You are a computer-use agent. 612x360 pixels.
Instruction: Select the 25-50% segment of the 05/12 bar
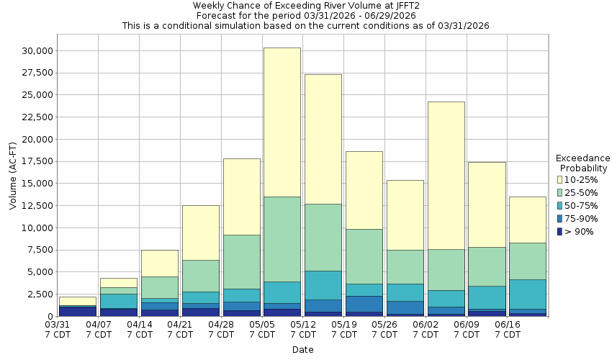point(323,238)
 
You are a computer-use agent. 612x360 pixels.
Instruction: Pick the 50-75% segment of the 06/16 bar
point(528,294)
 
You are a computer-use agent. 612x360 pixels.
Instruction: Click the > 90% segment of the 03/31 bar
point(78,311)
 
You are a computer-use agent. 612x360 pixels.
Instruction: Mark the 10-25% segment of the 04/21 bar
point(200,233)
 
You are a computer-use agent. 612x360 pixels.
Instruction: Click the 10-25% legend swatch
point(559,179)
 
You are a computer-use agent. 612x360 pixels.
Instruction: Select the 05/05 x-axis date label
point(262,330)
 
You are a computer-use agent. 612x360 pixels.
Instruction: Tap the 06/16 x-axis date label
point(508,330)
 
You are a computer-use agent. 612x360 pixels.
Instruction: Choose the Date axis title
point(302,350)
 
